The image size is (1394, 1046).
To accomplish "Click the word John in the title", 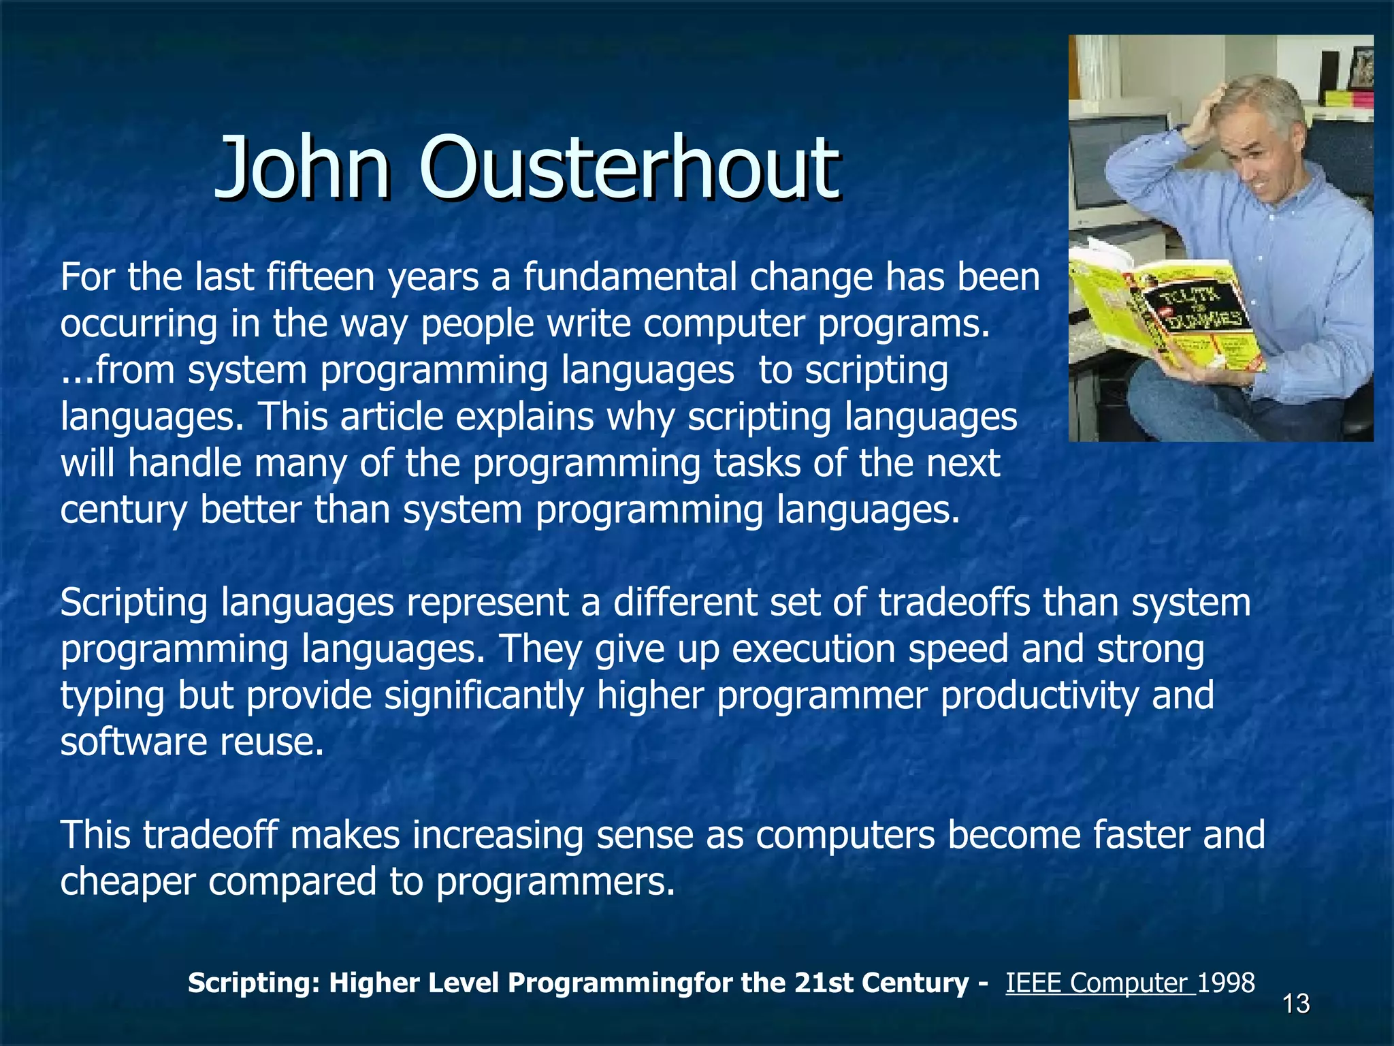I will pos(303,167).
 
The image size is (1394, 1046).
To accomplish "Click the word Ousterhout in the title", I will pos(630,167).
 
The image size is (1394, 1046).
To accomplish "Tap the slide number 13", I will pos(1296,1004).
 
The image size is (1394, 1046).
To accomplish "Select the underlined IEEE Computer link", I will pos(1099,983).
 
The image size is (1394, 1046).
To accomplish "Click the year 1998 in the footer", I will pos(1226,983).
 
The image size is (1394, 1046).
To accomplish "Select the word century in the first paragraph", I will pos(123,510).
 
